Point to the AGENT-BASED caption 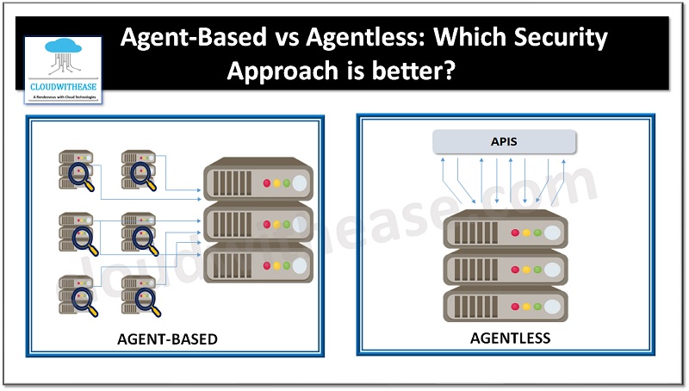point(167,338)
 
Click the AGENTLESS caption point(510,338)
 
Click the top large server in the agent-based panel point(256,183)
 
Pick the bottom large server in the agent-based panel point(256,260)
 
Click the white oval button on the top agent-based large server point(298,183)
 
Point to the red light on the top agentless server point(515,233)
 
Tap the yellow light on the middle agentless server point(526,269)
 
